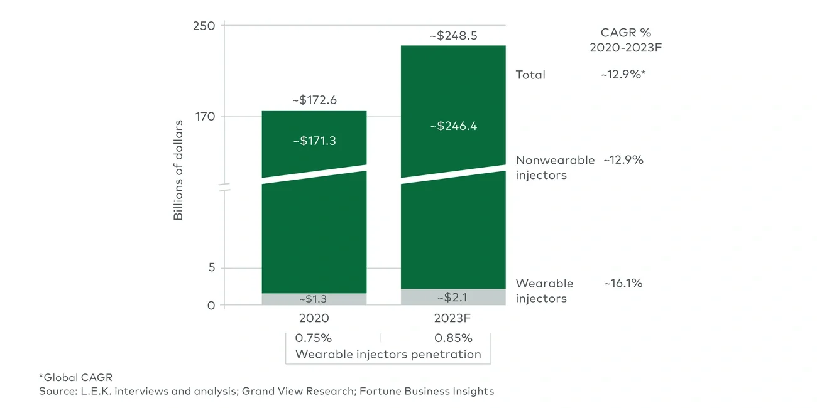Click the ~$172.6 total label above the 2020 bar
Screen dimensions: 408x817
tap(314, 100)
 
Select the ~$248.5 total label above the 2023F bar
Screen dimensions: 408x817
tap(453, 36)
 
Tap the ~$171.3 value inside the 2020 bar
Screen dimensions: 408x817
tap(314, 141)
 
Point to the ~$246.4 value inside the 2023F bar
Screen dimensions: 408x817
tap(453, 126)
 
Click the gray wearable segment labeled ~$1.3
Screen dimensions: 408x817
tap(314, 299)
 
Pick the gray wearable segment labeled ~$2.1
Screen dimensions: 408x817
tap(453, 297)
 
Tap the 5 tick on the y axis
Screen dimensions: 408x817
tap(211, 268)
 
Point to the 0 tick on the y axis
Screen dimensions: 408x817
tap(211, 306)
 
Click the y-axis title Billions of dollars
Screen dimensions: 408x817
tap(178, 169)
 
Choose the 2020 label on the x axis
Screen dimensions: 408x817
tap(314, 318)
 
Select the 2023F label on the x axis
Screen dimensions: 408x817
tap(453, 318)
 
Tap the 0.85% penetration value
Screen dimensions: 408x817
tap(453, 338)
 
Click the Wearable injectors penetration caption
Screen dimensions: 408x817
tap(388, 354)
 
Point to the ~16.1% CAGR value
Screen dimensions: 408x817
tap(623, 283)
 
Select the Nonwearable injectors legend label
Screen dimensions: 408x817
tap(554, 168)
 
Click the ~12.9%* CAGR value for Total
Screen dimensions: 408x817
tap(623, 75)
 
